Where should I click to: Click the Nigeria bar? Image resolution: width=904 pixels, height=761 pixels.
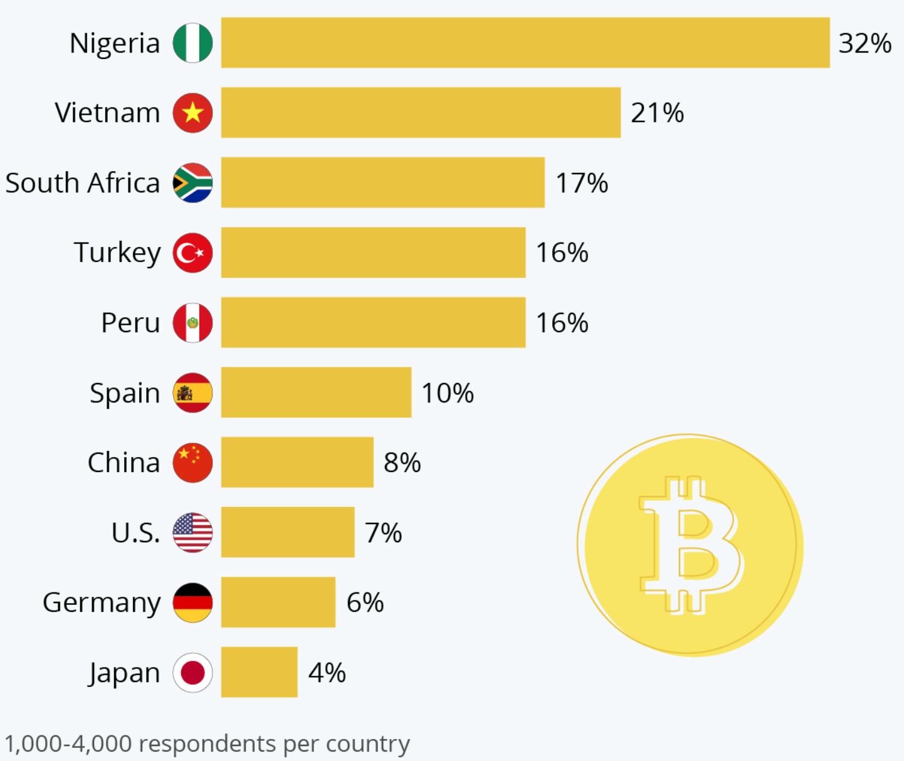[x=525, y=43]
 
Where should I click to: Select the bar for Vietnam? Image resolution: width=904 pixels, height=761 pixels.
[x=421, y=113]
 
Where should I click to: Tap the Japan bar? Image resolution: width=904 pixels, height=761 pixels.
[x=259, y=672]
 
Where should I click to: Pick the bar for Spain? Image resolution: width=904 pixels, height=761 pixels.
[x=316, y=392]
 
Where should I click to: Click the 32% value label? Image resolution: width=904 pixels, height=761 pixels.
[x=865, y=43]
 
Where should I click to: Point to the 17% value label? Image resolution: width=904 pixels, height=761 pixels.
[x=582, y=183]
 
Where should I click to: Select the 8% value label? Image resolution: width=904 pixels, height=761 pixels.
[x=402, y=463]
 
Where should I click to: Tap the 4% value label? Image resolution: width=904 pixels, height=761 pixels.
[x=327, y=673]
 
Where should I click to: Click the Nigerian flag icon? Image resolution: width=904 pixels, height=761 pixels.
[x=192, y=43]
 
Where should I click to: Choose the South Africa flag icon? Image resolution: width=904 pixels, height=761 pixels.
[x=192, y=183]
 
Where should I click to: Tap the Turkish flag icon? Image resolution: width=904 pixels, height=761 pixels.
[x=192, y=253]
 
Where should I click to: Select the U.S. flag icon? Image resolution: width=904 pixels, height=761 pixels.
[x=192, y=533]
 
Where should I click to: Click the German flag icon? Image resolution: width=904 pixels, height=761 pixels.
[x=192, y=602]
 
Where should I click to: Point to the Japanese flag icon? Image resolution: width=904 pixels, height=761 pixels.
[x=192, y=673]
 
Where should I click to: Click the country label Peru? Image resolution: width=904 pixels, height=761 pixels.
[x=130, y=323]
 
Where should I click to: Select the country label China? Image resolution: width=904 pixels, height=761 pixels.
[x=124, y=463]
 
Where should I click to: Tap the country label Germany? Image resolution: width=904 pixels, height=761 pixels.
[x=102, y=602]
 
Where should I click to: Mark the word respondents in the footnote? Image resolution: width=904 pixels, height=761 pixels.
[x=208, y=743]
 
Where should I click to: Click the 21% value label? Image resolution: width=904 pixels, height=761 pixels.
[x=657, y=113]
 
